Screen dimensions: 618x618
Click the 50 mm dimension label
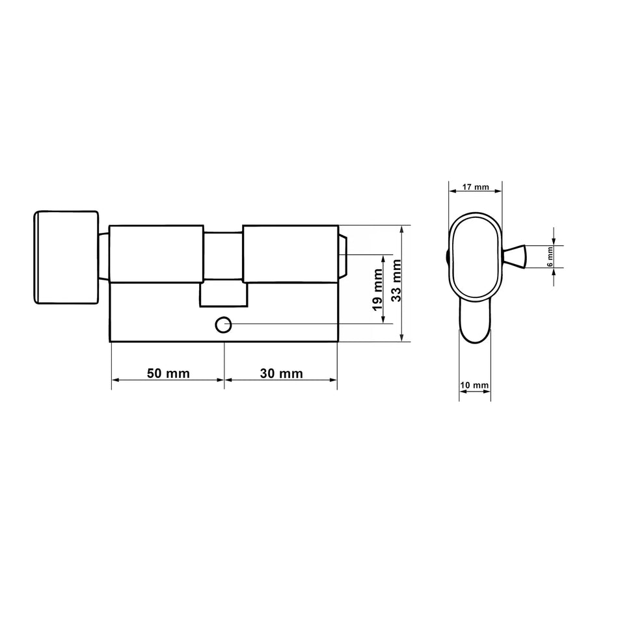pyautogui.click(x=168, y=373)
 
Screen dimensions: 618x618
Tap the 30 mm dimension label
pyautogui.click(x=282, y=373)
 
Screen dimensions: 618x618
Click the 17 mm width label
pyautogui.click(x=476, y=187)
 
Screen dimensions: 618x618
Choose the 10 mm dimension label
pyautogui.click(x=474, y=384)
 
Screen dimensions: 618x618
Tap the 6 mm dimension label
pyautogui.click(x=550, y=257)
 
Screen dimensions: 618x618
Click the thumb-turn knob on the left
pyautogui.click(x=66, y=258)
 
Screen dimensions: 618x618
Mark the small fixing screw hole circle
pyautogui.click(x=222, y=325)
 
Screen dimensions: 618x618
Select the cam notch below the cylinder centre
pyautogui.click(x=224, y=295)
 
